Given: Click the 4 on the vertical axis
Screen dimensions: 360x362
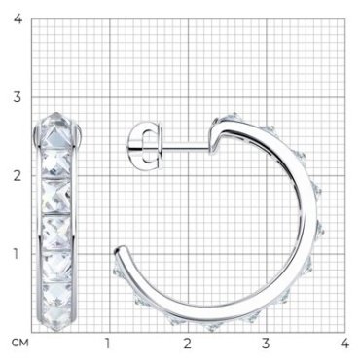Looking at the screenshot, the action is point(18,18).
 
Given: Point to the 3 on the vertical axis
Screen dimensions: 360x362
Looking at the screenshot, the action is point(18,97).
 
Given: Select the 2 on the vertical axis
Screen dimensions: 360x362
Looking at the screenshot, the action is point(18,175).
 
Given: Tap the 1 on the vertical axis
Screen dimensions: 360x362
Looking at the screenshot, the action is point(16,254).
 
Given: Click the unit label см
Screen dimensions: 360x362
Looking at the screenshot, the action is point(20,343).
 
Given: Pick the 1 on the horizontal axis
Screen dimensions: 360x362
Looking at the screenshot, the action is point(107,343).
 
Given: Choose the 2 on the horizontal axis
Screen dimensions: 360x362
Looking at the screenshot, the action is point(187,343).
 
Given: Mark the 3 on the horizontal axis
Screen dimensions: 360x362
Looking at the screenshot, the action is point(266,343).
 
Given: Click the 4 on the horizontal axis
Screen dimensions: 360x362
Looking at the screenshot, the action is point(344,343).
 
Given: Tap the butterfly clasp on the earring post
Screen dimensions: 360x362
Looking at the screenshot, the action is point(144,146).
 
